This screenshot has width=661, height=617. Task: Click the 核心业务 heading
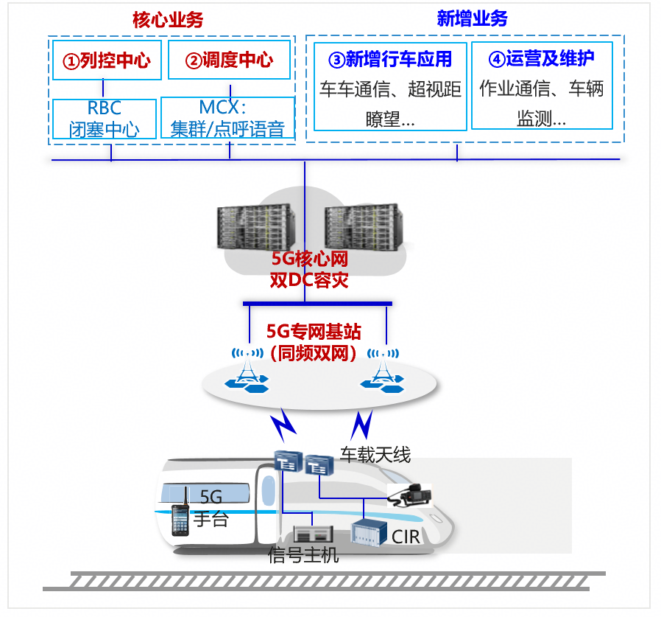click(169, 19)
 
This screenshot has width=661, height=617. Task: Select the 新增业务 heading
click(472, 19)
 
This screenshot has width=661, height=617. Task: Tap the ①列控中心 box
click(106, 60)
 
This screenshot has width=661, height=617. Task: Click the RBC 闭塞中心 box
click(105, 119)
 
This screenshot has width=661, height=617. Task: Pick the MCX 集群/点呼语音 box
click(227, 119)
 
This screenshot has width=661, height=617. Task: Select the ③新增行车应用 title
click(390, 60)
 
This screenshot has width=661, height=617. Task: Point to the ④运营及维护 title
click(541, 59)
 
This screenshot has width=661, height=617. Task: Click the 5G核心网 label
click(309, 259)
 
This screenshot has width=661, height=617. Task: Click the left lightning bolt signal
click(283, 426)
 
